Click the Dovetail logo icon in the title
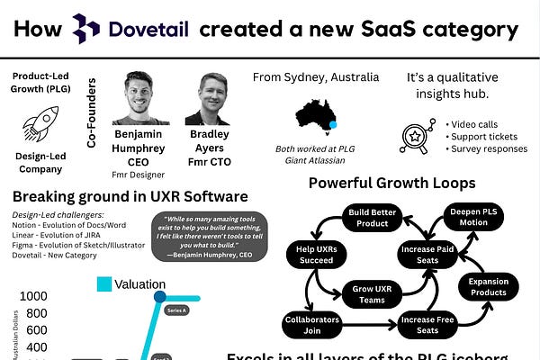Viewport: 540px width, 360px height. (85, 29)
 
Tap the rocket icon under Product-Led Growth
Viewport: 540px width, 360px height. (39, 122)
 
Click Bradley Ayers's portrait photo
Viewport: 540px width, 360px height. (207, 98)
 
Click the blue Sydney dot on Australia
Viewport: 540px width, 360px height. (333, 125)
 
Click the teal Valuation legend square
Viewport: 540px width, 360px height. (104, 283)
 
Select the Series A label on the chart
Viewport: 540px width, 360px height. (175, 310)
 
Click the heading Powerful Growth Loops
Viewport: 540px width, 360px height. (392, 184)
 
